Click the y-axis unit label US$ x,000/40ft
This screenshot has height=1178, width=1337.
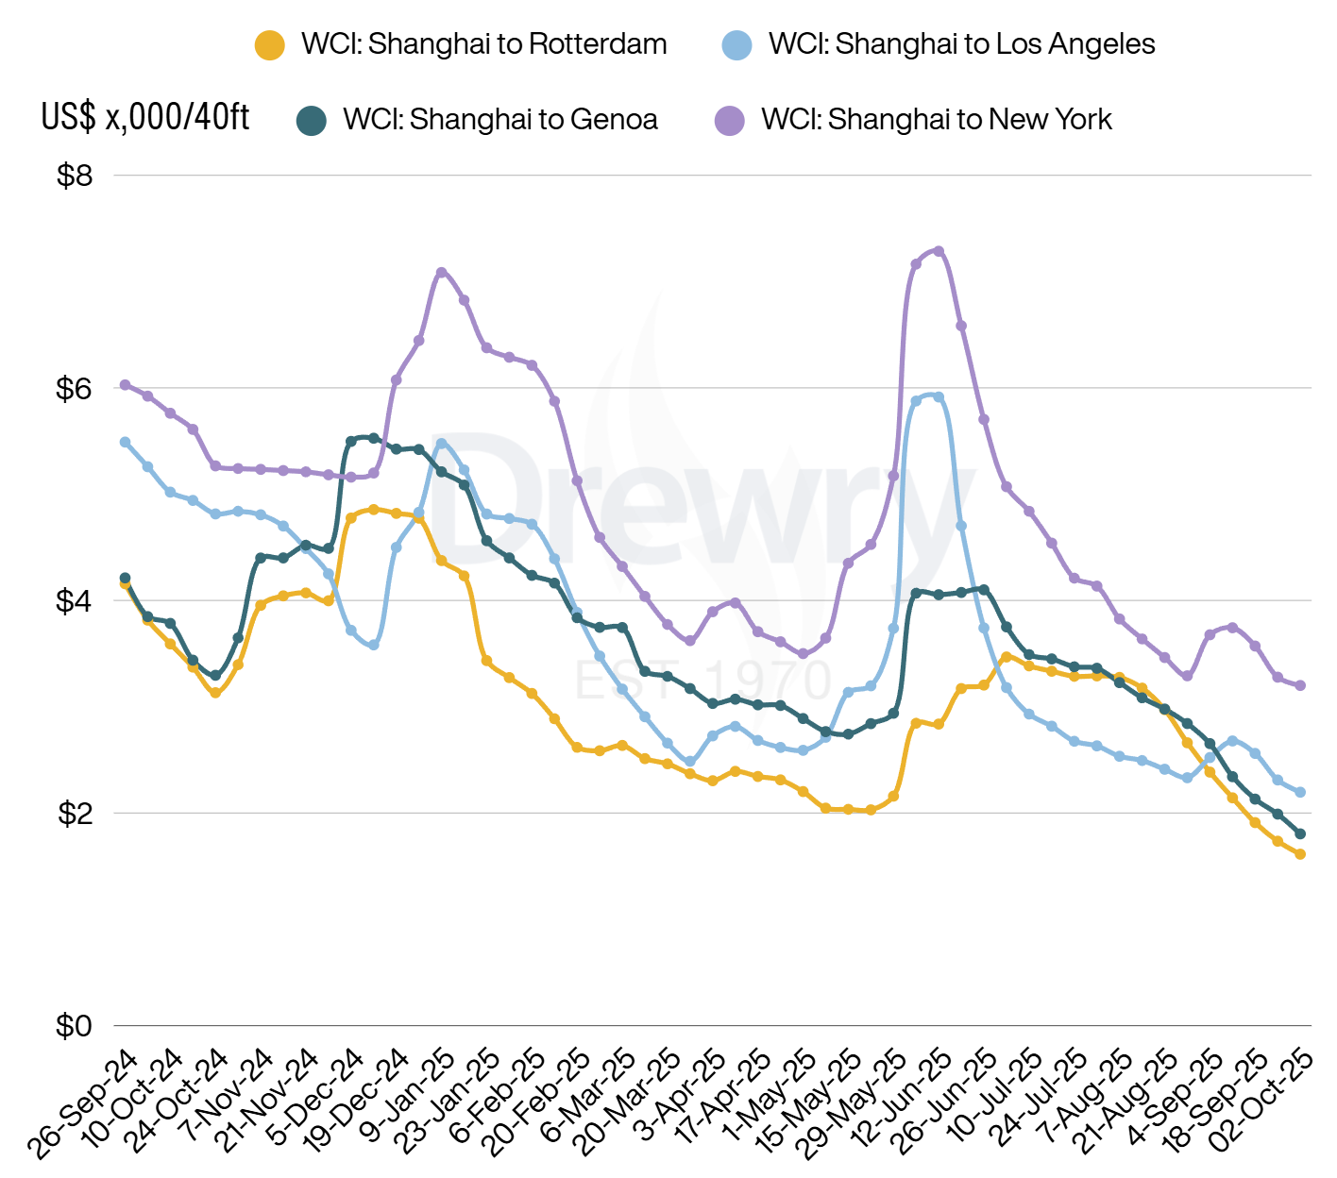(145, 117)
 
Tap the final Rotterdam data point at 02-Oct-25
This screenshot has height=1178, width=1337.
(1300, 854)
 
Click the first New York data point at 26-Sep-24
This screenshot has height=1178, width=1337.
(125, 385)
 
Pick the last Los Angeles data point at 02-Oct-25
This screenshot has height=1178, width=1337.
(1300, 792)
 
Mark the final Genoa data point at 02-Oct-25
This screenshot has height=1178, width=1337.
(1300, 833)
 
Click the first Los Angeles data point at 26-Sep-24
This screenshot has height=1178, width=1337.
(125, 442)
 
